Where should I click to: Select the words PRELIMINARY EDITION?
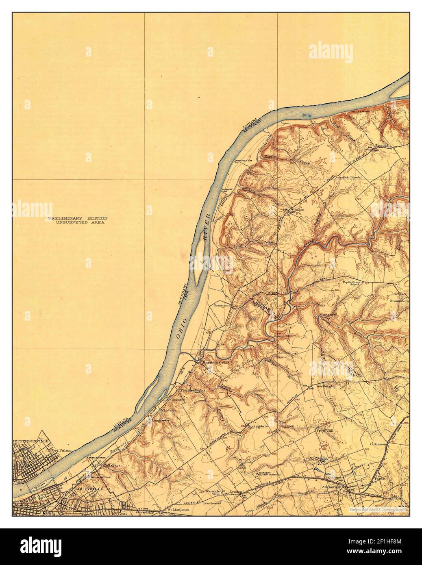76,218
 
